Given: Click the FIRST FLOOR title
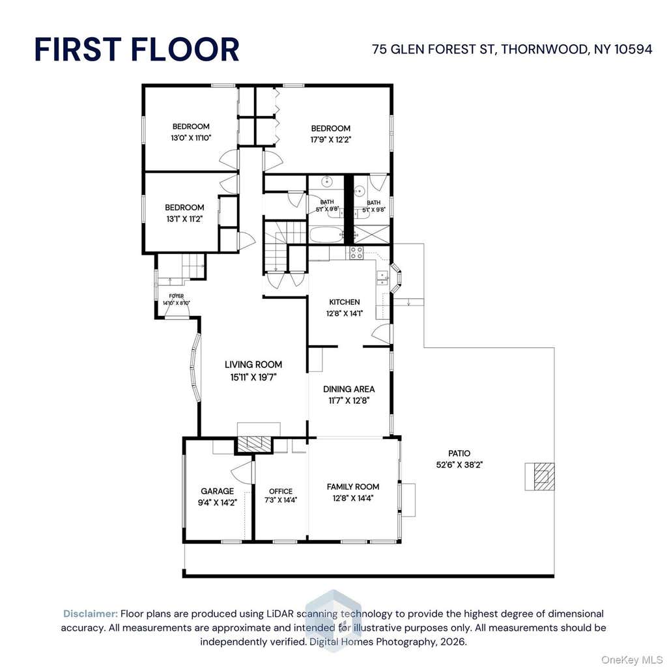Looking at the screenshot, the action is (137, 50).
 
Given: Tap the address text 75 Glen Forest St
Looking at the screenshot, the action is (433, 50).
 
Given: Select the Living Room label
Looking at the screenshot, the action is (253, 365).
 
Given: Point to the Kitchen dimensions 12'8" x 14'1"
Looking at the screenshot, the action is (345, 314).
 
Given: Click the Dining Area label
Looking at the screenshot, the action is (349, 389).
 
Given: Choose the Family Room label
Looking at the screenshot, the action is (352, 487).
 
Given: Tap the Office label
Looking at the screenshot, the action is (281, 491).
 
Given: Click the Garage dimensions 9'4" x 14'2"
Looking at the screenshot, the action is (218, 502).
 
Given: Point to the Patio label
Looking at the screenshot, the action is (459, 453).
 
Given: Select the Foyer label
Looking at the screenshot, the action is (176, 296).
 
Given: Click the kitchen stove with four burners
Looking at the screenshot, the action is (356, 253).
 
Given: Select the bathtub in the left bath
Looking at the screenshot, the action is (327, 235).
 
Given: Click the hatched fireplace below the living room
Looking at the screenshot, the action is (254, 444).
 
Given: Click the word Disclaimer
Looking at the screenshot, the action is (91, 614).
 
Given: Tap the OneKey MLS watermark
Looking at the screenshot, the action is (631, 660).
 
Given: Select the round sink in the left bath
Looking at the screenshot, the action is (327, 181).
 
